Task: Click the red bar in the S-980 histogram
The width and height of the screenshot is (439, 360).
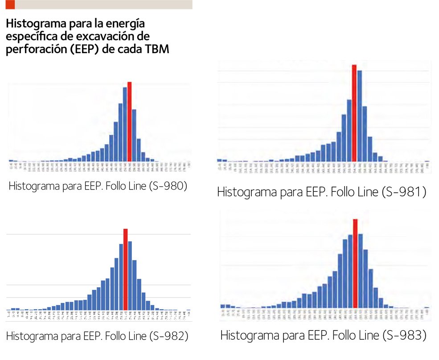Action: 129,121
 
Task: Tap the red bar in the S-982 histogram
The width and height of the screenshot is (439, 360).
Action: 126,269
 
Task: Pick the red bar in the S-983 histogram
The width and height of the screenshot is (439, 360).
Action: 355,263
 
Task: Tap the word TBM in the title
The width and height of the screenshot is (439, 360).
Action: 157,50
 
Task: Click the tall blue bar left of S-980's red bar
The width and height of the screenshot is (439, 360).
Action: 125,124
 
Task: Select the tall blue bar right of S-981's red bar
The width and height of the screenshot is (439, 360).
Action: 359,116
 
